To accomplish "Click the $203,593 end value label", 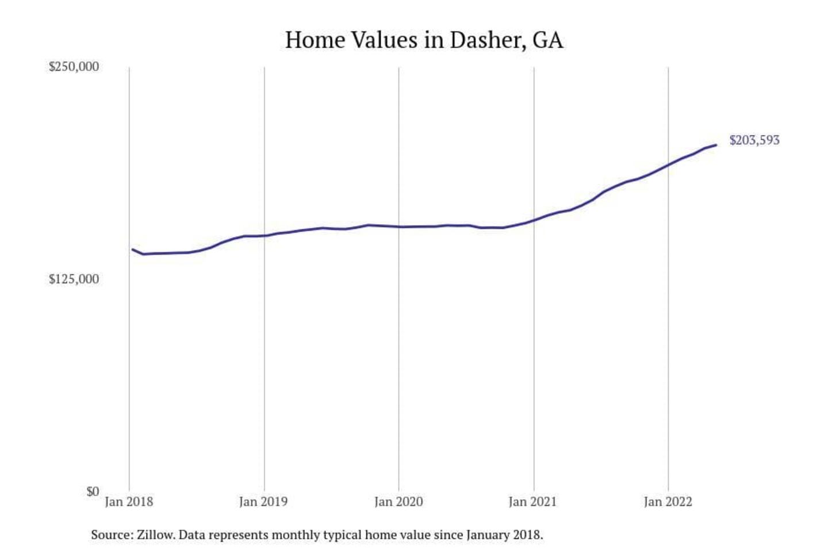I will click(x=754, y=140).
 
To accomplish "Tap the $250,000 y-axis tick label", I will click(x=74, y=66).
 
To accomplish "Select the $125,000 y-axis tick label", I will click(x=74, y=279).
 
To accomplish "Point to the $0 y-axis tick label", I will click(x=93, y=491).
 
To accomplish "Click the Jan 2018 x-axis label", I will click(x=129, y=501).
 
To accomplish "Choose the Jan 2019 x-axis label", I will click(x=263, y=501).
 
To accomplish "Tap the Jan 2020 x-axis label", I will click(x=398, y=501).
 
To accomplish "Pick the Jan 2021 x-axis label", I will click(x=533, y=501).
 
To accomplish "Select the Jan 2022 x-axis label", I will click(x=668, y=501).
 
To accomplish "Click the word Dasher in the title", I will click(x=487, y=40).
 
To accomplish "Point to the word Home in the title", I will click(x=315, y=40).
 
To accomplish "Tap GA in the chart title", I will click(x=548, y=40).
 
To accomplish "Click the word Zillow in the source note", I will click(x=155, y=535).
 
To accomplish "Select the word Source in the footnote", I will click(x=111, y=535).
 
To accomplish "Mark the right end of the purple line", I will click(x=716, y=145).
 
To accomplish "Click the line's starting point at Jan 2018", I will click(x=132, y=250).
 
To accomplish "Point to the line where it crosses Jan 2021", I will click(x=534, y=220).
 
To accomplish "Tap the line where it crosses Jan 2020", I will click(x=399, y=227).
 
